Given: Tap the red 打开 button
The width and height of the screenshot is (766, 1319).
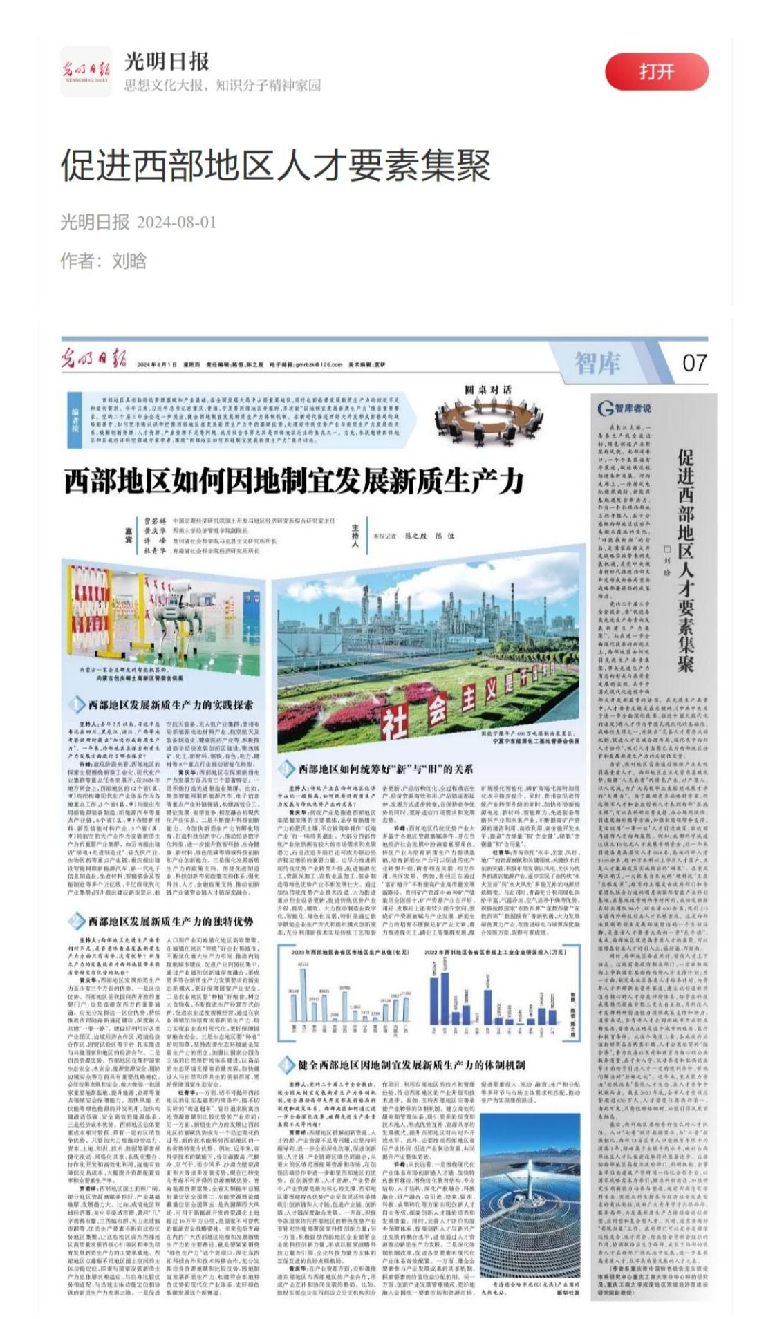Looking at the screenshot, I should [x=656, y=72].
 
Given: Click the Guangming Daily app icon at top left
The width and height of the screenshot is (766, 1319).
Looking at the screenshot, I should [x=86, y=72].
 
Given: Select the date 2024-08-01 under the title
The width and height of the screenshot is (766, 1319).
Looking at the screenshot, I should [x=176, y=223].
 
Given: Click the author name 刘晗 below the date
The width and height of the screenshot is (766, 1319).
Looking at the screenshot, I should [x=129, y=261].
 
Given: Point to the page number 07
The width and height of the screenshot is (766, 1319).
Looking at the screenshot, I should [x=693, y=362].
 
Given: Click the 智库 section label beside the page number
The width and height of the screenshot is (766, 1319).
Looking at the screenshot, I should [x=597, y=362].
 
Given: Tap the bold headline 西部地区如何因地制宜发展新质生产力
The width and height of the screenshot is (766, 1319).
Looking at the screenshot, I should [x=294, y=480].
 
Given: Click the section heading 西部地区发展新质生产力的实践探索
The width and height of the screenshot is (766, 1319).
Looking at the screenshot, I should [x=170, y=705].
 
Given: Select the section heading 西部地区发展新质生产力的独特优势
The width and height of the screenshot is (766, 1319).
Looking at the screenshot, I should [x=170, y=922].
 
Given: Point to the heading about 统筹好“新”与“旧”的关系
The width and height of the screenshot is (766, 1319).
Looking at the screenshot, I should [x=385, y=769].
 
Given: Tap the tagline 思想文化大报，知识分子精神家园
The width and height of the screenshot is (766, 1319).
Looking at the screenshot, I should [x=222, y=85].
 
